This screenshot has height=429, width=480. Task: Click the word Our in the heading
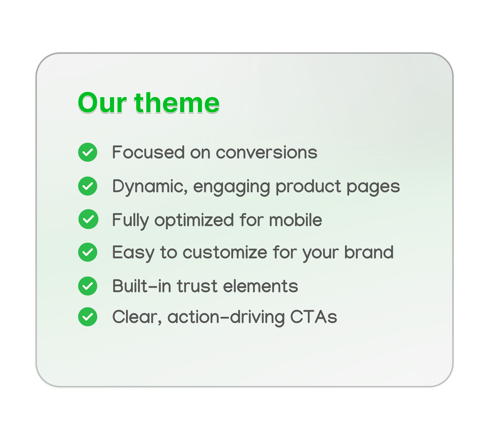click(102, 103)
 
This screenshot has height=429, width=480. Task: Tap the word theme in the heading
click(177, 102)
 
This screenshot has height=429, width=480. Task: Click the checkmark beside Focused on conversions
click(88, 152)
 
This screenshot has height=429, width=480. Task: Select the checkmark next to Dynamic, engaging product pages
click(88, 186)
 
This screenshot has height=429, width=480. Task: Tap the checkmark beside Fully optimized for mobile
click(88, 219)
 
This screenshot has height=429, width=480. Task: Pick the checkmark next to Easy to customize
click(88, 252)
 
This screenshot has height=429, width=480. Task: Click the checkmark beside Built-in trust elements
click(88, 286)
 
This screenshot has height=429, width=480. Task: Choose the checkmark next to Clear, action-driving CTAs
click(88, 317)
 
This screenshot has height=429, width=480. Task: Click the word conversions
click(266, 153)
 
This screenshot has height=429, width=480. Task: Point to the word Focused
click(148, 152)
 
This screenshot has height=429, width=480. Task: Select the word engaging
click(232, 188)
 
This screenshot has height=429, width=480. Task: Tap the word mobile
click(295, 220)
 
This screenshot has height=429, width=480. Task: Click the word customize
click(225, 252)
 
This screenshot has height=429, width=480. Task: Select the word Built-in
click(142, 286)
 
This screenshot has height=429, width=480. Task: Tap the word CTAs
click(313, 317)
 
